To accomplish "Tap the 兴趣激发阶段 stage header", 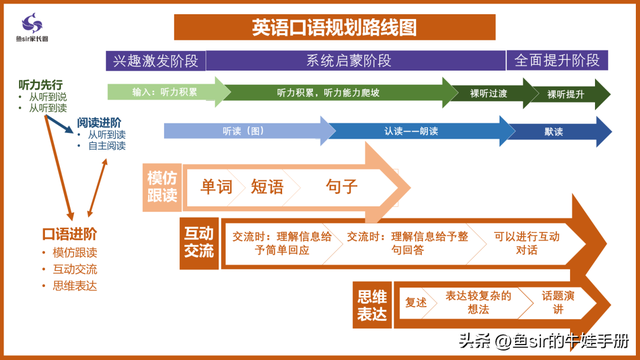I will pos(155,60).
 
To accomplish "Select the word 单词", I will pos(216,186).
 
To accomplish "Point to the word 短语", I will pos(268,186).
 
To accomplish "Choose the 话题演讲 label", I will pos(559,303).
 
